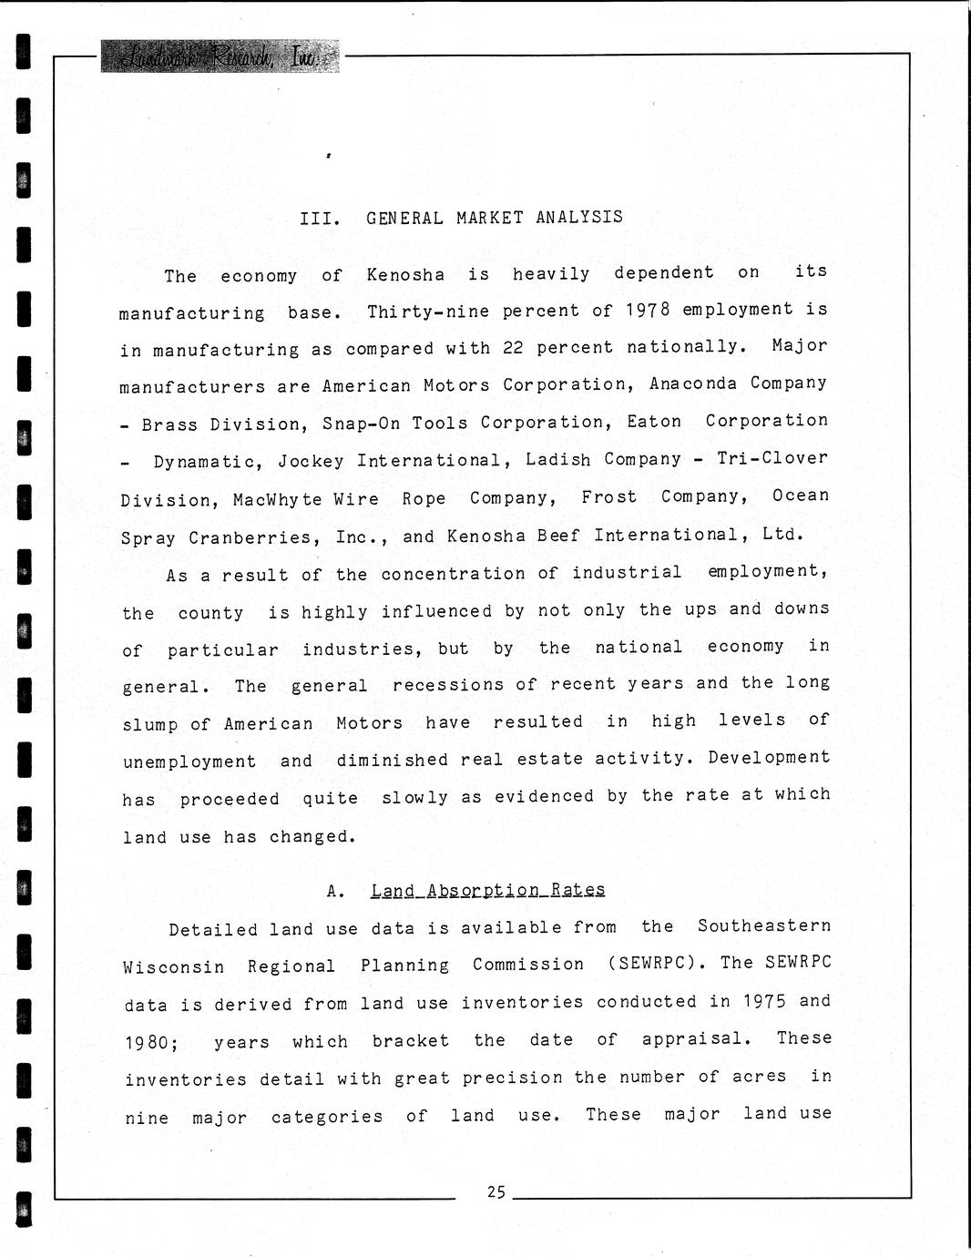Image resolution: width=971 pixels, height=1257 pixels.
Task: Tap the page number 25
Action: (496, 1191)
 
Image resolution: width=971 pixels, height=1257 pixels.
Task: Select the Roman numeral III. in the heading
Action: (320, 219)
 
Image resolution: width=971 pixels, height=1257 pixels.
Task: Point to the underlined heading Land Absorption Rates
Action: (487, 890)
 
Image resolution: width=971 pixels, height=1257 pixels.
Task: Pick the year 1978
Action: (648, 310)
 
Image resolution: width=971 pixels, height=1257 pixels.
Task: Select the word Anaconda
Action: (693, 384)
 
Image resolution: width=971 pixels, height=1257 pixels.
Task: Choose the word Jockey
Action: (312, 462)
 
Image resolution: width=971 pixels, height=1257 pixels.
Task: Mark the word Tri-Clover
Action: (772, 458)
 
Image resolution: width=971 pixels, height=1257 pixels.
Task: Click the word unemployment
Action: (189, 762)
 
